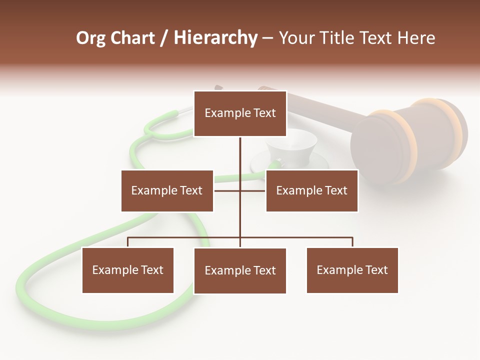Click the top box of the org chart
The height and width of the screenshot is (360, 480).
pyautogui.click(x=240, y=113)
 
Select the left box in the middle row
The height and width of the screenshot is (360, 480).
pyautogui.click(x=167, y=190)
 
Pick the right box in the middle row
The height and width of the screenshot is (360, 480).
pyautogui.click(x=311, y=190)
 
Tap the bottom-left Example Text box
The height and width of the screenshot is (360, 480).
pyautogui.click(x=127, y=270)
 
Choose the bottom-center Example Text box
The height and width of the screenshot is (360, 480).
pyautogui.click(x=240, y=270)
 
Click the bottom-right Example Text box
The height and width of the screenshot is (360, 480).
pyautogui.click(x=352, y=270)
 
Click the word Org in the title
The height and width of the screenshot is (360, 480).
pyautogui.click(x=90, y=38)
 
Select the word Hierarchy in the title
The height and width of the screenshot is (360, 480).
pyautogui.click(x=215, y=38)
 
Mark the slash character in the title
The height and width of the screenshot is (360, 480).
pyautogui.click(x=164, y=38)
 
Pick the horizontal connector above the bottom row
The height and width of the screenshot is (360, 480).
pyautogui.click(x=300, y=237)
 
